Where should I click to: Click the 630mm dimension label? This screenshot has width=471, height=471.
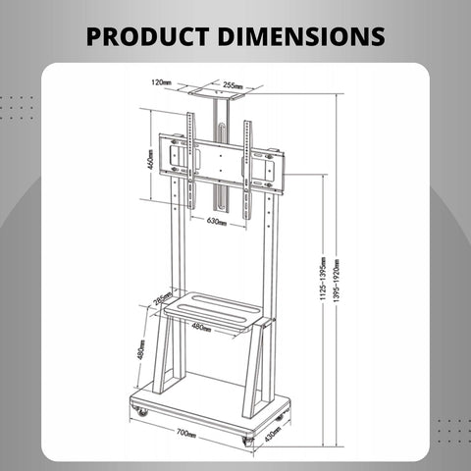[217, 222]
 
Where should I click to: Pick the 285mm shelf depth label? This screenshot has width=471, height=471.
[162, 298]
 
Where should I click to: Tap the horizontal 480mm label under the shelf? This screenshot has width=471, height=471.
[201, 327]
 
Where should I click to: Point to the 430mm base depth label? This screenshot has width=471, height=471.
[274, 430]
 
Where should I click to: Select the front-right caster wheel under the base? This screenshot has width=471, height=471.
[248, 440]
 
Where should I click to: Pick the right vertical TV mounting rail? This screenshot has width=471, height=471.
[247, 157]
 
